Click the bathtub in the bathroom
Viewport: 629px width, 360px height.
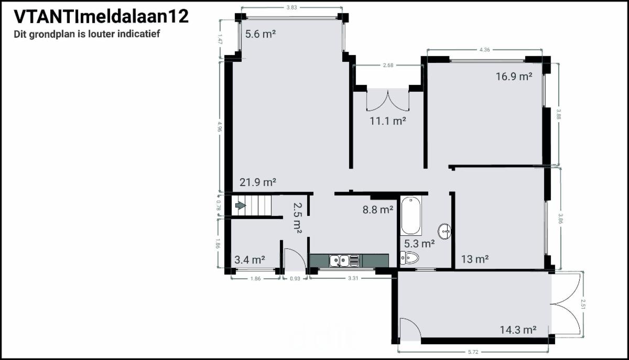pyautogui.click(x=411, y=215)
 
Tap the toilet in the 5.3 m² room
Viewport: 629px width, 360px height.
pyautogui.click(x=409, y=257)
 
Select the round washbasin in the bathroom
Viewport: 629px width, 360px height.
pyautogui.click(x=444, y=232)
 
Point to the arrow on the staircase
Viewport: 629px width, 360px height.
pyautogui.click(x=241, y=205)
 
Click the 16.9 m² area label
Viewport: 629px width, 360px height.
pyautogui.click(x=514, y=77)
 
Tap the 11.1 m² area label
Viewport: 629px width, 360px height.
pyautogui.click(x=388, y=121)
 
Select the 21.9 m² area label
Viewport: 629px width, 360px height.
pyautogui.click(x=258, y=182)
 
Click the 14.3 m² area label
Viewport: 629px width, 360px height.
pyautogui.click(x=518, y=330)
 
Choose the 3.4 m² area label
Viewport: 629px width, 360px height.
pyautogui.click(x=250, y=260)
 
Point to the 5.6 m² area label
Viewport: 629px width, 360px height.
pyautogui.click(x=261, y=34)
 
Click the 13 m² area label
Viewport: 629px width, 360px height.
pyautogui.click(x=475, y=259)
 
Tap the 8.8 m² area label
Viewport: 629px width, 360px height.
pyautogui.click(x=378, y=210)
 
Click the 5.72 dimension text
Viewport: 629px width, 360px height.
pyautogui.click(x=473, y=352)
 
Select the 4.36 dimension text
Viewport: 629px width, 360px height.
pyautogui.click(x=484, y=50)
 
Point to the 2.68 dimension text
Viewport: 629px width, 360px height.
pyautogui.click(x=388, y=65)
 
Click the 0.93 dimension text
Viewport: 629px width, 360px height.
pyautogui.click(x=295, y=279)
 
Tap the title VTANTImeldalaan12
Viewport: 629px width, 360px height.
pyautogui.click(x=101, y=17)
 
